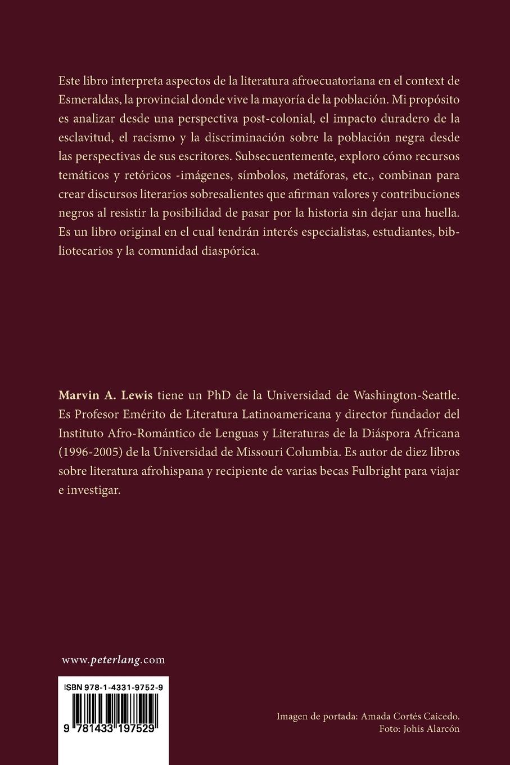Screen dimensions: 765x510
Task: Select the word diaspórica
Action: pyautogui.click(x=230, y=252)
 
